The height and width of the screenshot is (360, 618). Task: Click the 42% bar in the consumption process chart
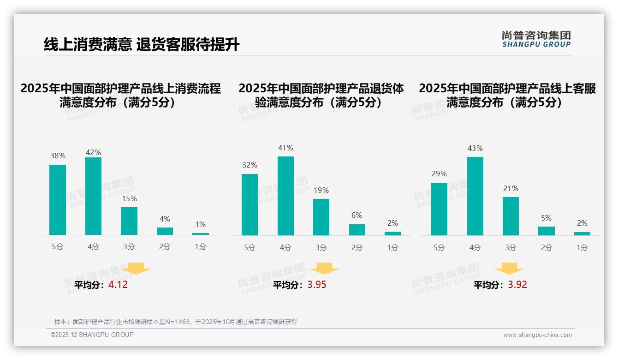pyautogui.click(x=93, y=196)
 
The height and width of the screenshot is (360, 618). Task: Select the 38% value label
pyautogui.click(x=58, y=156)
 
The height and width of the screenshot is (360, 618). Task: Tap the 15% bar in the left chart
pyautogui.click(x=129, y=221)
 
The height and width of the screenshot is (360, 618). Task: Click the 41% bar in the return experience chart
pyautogui.click(x=285, y=196)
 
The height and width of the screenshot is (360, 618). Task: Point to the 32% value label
pyautogui.click(x=250, y=165)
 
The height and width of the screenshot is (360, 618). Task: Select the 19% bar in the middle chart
pyautogui.click(x=321, y=217)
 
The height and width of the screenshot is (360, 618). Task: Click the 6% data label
pyautogui.click(x=357, y=215)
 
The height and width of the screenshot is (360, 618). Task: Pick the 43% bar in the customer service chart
pyautogui.click(x=475, y=196)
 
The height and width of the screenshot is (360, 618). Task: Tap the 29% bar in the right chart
pyautogui.click(x=439, y=209)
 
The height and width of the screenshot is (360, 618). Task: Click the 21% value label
pyautogui.click(x=511, y=188)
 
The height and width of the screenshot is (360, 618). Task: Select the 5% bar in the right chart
pyautogui.click(x=547, y=231)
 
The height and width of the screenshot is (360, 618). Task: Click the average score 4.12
pyautogui.click(x=118, y=285)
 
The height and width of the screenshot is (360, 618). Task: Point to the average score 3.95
pyautogui.click(x=316, y=285)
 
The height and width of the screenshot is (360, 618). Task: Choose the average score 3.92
pyautogui.click(x=517, y=285)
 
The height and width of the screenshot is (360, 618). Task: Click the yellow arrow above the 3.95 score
pyautogui.click(x=324, y=269)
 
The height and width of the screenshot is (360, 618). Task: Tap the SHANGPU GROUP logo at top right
pyautogui.click(x=536, y=39)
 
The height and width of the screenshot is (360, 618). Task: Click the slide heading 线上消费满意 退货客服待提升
pyautogui.click(x=142, y=45)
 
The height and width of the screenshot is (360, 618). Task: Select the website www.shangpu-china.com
pyautogui.click(x=537, y=335)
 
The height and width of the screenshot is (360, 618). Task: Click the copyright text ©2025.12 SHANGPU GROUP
pyautogui.click(x=92, y=335)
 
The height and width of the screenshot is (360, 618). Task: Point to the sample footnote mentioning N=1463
pyautogui.click(x=176, y=322)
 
